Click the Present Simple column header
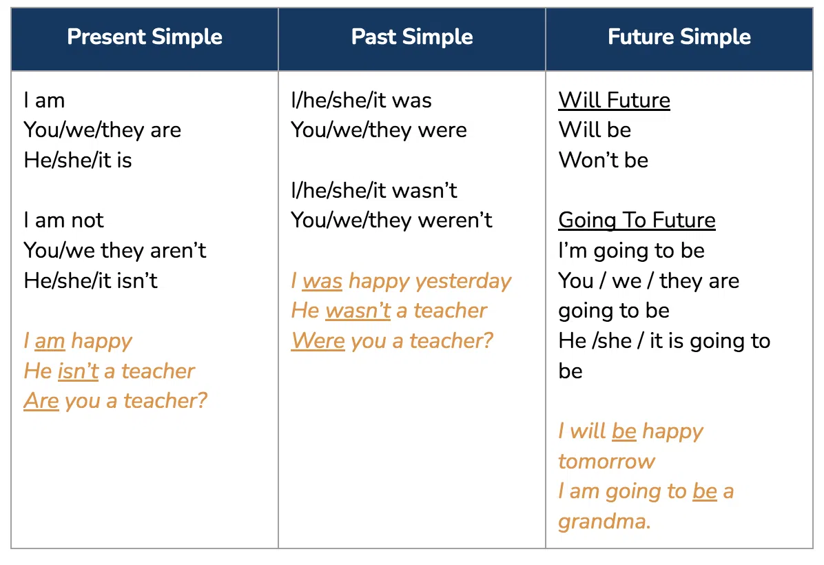click(145, 37)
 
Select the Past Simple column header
click(412, 37)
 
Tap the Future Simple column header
click(679, 37)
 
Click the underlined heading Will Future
click(615, 101)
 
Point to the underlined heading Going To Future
click(637, 220)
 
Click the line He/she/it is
click(78, 161)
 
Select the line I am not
click(63, 220)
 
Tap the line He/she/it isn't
click(91, 280)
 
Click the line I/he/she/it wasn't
click(374, 190)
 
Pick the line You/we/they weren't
click(391, 220)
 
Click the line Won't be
click(604, 161)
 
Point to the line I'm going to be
click(631, 251)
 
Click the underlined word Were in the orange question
click(318, 341)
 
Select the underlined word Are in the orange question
click(41, 401)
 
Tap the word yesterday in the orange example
click(463, 282)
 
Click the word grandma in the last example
click(604, 522)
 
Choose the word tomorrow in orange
click(606, 462)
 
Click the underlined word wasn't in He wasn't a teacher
click(358, 311)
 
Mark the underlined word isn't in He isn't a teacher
click(79, 371)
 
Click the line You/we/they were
click(379, 130)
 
